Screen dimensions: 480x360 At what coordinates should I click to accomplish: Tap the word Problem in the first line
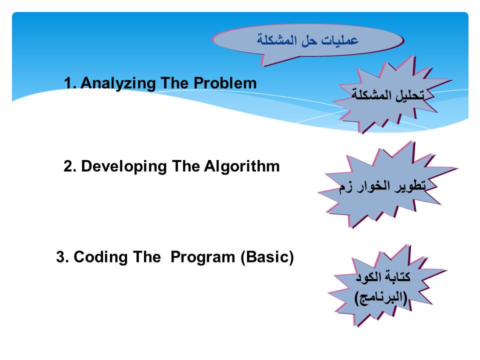pyautogui.click(x=225, y=83)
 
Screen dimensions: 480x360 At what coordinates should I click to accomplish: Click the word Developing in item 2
pyautogui.click(x=124, y=167)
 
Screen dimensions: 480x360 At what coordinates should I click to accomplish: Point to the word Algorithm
pyautogui.click(x=242, y=166)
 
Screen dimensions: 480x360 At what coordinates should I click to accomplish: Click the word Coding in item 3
pyautogui.click(x=100, y=257)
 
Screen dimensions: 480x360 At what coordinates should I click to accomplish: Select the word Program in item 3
pyautogui.click(x=202, y=257)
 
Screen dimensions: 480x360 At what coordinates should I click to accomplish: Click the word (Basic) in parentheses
pyautogui.click(x=267, y=257)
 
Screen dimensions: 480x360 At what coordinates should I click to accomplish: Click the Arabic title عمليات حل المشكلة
pyautogui.click(x=307, y=40)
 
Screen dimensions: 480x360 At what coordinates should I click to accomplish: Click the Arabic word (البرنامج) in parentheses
pyautogui.click(x=381, y=297)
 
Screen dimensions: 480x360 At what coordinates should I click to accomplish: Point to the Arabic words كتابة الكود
pyautogui.click(x=382, y=276)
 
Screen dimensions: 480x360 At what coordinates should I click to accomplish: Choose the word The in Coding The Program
pyautogui.click(x=147, y=257)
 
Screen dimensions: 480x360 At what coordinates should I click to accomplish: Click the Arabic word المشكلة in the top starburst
pyautogui.click(x=371, y=95)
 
